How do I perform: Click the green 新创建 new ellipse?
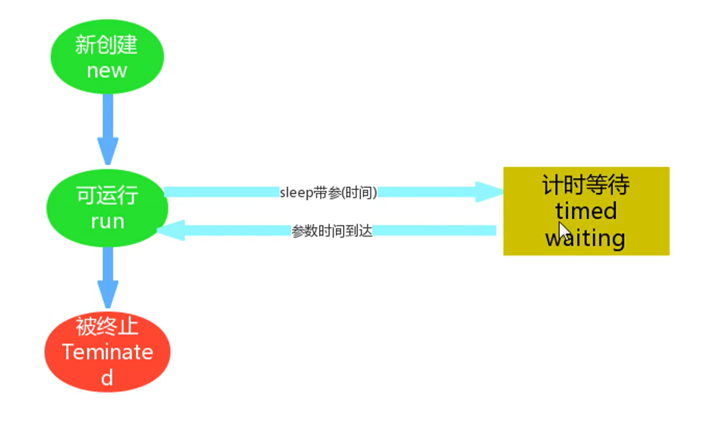point(106,57)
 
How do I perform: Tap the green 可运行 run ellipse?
point(106,209)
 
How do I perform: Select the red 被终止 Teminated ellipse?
point(107,352)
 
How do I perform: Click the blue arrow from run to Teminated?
point(108,277)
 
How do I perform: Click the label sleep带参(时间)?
point(328,192)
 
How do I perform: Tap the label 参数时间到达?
point(332,231)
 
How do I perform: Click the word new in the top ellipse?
point(106,71)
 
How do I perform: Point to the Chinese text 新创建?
point(106,45)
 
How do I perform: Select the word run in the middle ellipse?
point(106,221)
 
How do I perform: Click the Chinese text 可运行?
point(106,196)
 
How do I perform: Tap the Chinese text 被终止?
point(107,326)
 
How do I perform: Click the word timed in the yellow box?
point(586,211)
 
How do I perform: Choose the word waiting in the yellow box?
point(586,238)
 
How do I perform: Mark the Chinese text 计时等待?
point(586,184)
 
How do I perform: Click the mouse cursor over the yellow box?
point(563,231)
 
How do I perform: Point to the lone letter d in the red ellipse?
point(107,378)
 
